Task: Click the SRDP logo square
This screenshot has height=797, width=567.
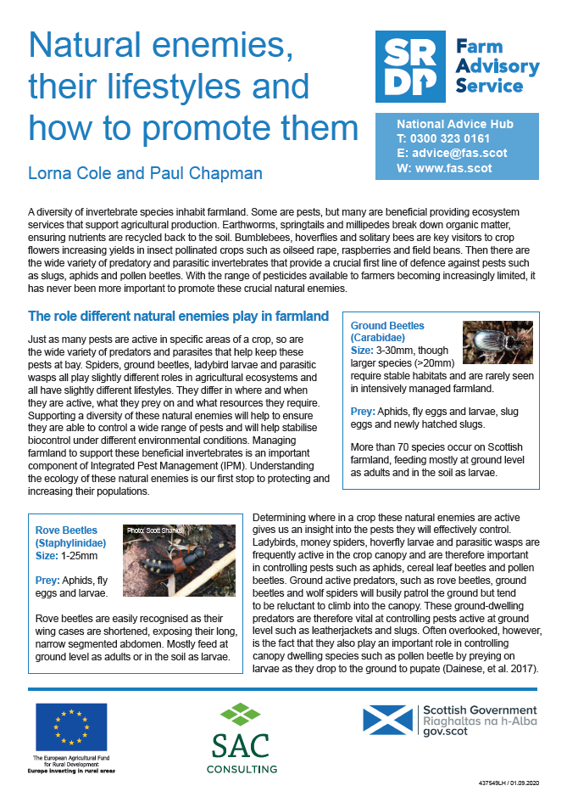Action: click(x=409, y=67)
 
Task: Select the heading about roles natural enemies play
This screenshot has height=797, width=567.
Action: click(x=178, y=317)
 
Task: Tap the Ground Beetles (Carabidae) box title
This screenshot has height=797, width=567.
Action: click(x=387, y=332)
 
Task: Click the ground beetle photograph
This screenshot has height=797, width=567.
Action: click(x=498, y=342)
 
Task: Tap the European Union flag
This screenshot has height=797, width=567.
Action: click(x=71, y=727)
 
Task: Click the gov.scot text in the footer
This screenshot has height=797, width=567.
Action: click(x=447, y=731)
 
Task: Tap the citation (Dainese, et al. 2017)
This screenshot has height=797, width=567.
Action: click(x=474, y=669)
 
